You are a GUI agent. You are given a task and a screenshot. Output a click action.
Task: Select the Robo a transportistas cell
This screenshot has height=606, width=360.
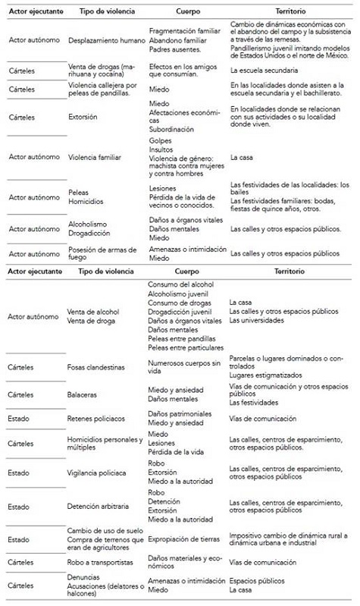tap(99, 562)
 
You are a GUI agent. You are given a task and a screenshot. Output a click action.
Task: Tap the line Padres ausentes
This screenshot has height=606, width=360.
tap(175, 48)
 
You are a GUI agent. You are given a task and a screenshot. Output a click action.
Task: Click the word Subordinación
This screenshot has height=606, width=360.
tap(173, 127)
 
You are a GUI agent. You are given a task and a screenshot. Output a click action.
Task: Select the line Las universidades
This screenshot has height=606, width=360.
tap(257, 320)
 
